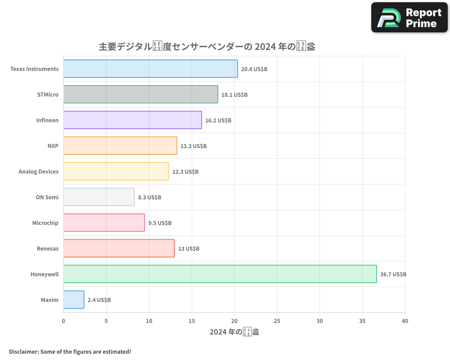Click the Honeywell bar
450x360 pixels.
click(x=220, y=274)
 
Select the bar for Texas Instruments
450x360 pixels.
click(x=150, y=69)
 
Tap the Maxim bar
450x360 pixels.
click(x=74, y=300)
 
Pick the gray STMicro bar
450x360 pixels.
click(x=140, y=94)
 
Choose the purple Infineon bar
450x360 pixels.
click(x=132, y=120)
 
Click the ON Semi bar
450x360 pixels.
click(x=99, y=197)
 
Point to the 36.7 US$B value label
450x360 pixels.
click(x=393, y=274)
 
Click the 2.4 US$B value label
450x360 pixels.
click(x=99, y=300)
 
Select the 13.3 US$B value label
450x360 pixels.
click(x=193, y=146)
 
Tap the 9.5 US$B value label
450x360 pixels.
click(x=160, y=223)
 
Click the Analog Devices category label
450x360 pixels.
click(x=39, y=171)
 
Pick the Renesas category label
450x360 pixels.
click(x=48, y=248)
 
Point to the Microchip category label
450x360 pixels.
click(x=45, y=223)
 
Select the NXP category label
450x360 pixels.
click(x=53, y=146)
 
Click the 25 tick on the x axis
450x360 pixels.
click(x=277, y=321)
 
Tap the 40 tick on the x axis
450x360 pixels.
click(x=405, y=321)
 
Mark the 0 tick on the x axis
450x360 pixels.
click(x=63, y=321)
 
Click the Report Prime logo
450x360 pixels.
click(x=409, y=18)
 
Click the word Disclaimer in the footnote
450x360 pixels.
click(x=23, y=351)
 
